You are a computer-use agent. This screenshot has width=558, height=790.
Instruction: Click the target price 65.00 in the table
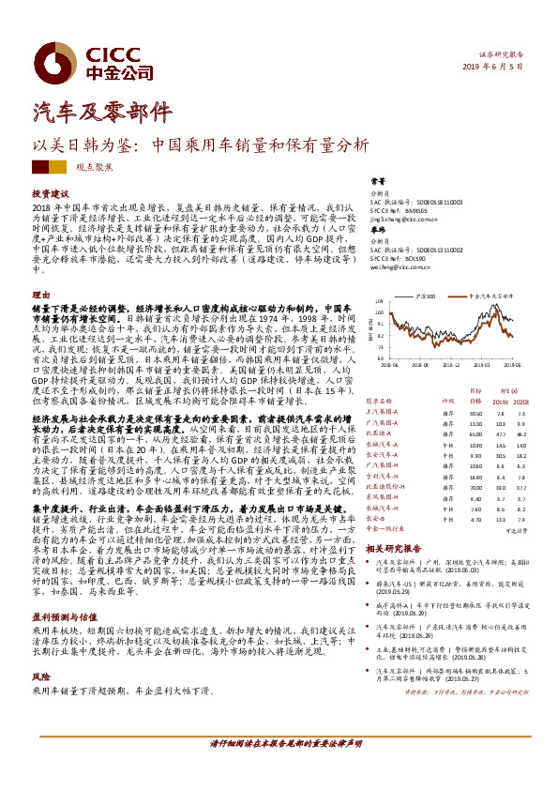(475, 435)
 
